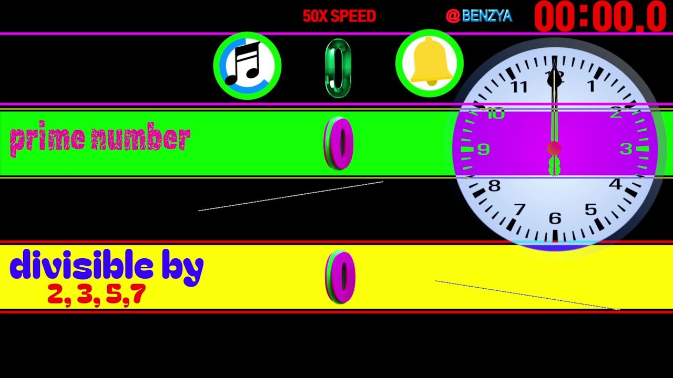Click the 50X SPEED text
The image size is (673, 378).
pos(339,16)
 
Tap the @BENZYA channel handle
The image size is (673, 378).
pos(479,16)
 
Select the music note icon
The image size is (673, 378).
pos(247,66)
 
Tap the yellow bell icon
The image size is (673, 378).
pos(430,63)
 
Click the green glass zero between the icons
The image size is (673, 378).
pos(338,68)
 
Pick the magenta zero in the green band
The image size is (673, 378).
pos(338,144)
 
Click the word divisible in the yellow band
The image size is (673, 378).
pos(81,264)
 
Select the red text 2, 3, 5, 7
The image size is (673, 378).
pos(97,295)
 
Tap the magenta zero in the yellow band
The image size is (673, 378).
pos(340,277)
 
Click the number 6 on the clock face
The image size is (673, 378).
pos(555,218)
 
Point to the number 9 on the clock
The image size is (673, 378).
pos(484,149)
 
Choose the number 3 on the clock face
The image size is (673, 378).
pos(626,149)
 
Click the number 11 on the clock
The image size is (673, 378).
pos(519,87)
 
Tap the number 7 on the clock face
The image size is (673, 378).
pos(519,209)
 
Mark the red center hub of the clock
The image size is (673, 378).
pos(554,149)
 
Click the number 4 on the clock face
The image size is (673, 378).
pos(616,184)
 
